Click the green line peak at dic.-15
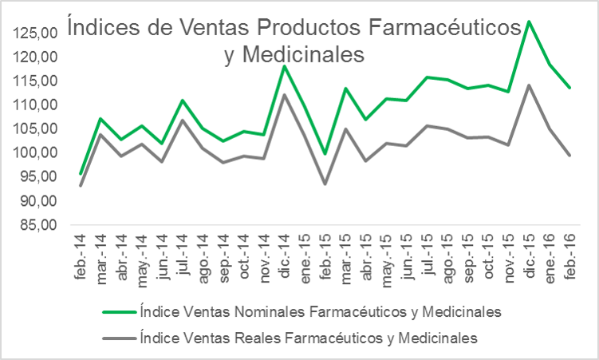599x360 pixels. click(529, 22)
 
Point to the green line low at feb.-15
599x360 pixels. click(325, 153)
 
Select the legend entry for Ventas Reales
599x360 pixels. click(308, 338)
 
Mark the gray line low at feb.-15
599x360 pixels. click(325, 184)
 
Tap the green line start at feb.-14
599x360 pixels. click(81, 173)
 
